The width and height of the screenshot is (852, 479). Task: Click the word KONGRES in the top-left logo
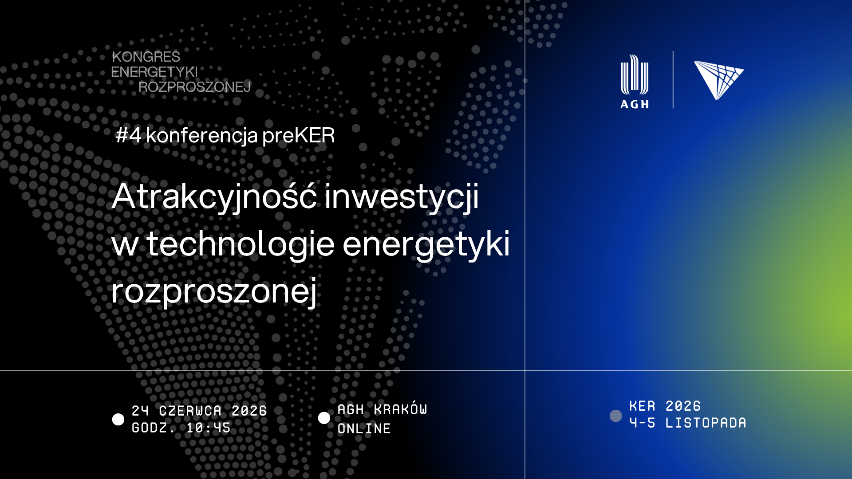(x=146, y=57)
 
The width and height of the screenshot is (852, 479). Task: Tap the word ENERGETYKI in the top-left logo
(x=154, y=72)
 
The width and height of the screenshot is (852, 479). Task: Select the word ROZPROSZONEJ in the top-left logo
(x=195, y=87)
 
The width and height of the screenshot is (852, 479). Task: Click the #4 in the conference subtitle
(x=128, y=135)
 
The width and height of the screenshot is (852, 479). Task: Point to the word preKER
(x=298, y=136)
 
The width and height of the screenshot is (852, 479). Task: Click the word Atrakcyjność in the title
(x=214, y=196)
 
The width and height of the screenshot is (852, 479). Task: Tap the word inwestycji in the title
(x=402, y=196)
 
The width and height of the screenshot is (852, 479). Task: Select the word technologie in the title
(x=240, y=244)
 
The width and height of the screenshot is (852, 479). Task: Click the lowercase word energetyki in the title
(x=426, y=244)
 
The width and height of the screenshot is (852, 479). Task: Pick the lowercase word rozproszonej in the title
(x=214, y=291)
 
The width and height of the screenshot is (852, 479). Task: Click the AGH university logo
(x=635, y=82)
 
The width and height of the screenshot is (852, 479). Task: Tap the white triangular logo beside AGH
(x=719, y=80)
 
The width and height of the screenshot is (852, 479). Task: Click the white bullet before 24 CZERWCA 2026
(x=118, y=420)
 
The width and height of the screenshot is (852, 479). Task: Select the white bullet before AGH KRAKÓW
(x=324, y=418)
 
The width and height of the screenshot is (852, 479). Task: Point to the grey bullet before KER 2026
(x=615, y=416)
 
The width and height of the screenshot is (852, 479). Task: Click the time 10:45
(x=209, y=428)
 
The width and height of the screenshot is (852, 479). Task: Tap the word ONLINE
(x=364, y=428)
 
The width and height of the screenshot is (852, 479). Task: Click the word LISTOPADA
(x=706, y=423)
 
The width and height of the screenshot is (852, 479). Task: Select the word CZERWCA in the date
(x=190, y=411)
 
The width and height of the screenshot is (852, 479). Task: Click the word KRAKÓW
(x=401, y=409)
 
